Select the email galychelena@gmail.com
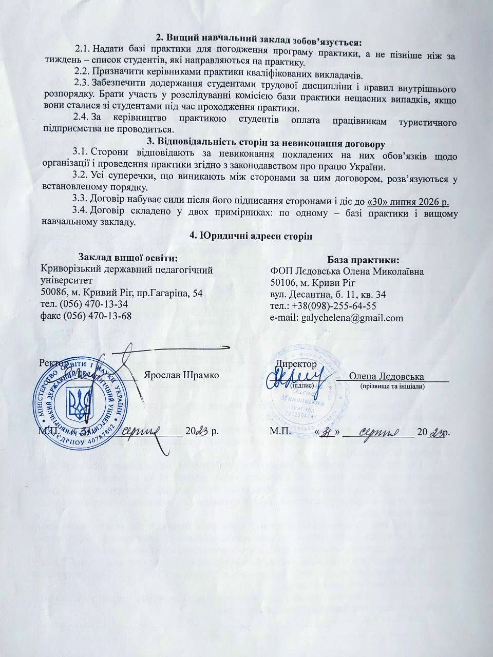coord(353,318)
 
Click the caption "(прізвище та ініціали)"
coord(392,385)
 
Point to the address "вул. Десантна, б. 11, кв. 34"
coord(328,295)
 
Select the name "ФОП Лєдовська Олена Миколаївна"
coord(347,271)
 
